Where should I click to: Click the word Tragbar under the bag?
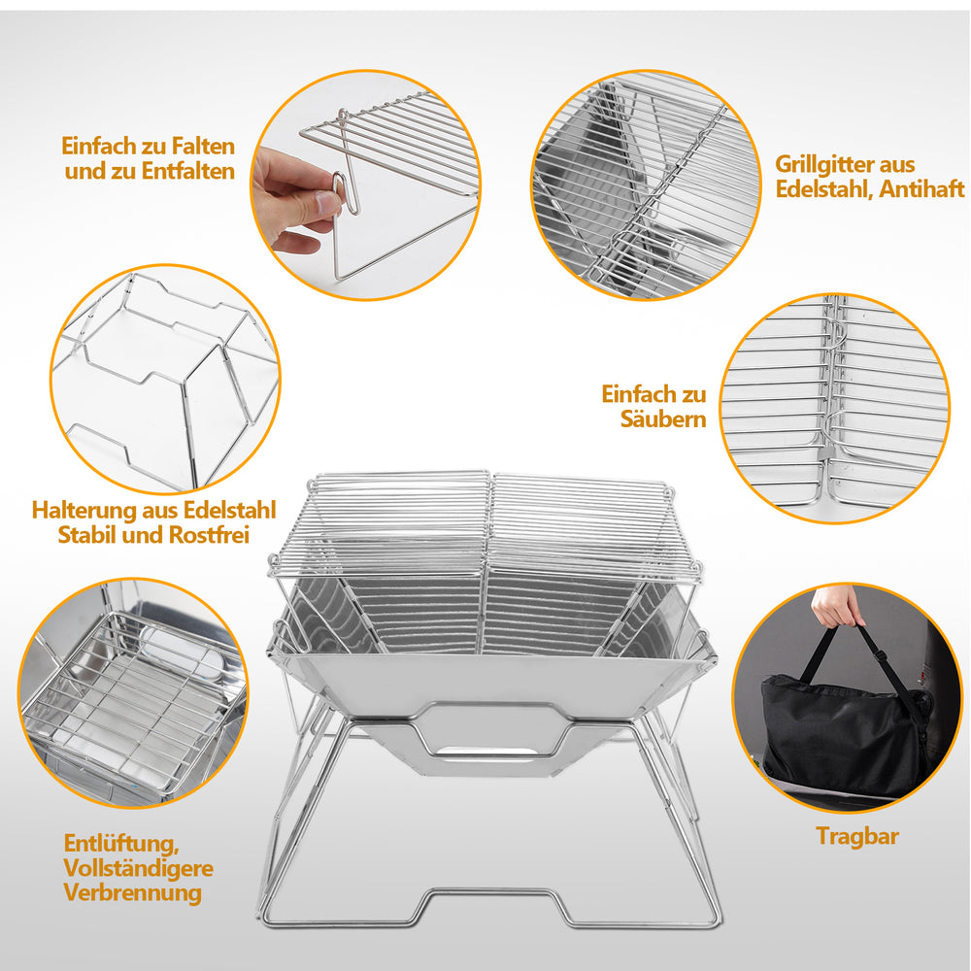tap(857, 836)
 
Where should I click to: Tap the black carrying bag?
tap(846, 736)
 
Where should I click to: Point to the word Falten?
tap(203, 147)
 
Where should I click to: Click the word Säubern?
tap(663, 419)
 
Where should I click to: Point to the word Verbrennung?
tap(132, 893)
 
